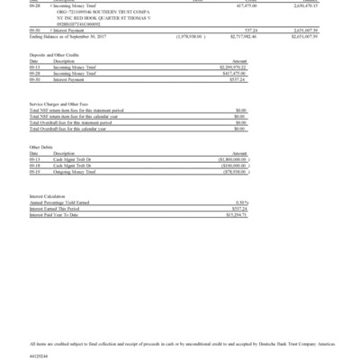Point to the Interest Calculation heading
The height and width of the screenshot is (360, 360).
pos(50,195)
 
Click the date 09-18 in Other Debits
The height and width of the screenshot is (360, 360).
pos(34,166)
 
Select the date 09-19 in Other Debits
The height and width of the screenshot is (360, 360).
pos(34,172)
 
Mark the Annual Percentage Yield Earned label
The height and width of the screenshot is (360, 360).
pos(63,202)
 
